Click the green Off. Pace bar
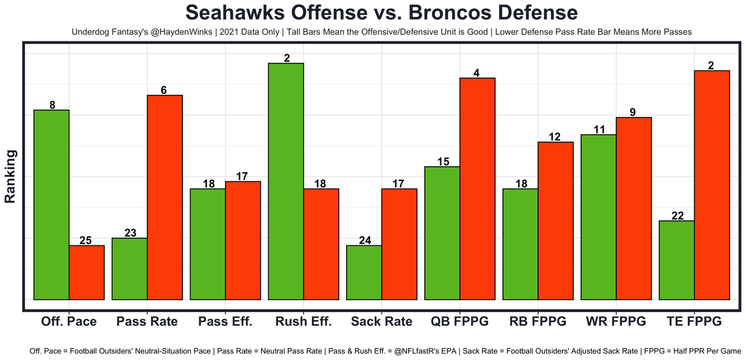[x=51, y=204]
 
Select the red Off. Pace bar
[x=87, y=272]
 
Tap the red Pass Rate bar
[x=165, y=197]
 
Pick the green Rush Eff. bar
[x=286, y=181]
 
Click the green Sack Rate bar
[x=364, y=272]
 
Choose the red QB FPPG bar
[x=477, y=189]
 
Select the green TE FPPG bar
[x=677, y=260]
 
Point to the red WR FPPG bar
[x=634, y=209]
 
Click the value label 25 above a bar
[x=86, y=240]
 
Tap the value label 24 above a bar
[x=364, y=240]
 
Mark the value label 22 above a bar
[x=677, y=216]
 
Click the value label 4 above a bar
[x=477, y=73]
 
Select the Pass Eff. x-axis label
[x=225, y=322]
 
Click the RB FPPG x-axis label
[x=537, y=322]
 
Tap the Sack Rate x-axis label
[x=382, y=322]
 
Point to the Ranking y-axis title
[x=10, y=176]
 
